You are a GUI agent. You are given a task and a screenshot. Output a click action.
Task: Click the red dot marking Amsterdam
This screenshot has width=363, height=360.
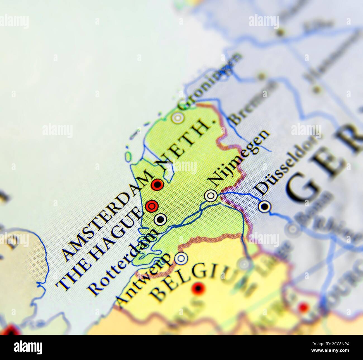tap(157, 184)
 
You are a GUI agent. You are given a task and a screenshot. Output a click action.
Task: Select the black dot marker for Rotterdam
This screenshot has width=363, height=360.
tap(160, 219)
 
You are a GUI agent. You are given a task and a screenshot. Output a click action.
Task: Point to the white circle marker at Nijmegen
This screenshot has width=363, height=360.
tap(211, 196)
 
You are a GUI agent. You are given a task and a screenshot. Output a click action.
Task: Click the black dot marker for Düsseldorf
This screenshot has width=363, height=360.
tap(264, 207)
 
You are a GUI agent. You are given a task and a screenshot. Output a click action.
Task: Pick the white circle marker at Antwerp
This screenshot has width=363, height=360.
tap(181, 258)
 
